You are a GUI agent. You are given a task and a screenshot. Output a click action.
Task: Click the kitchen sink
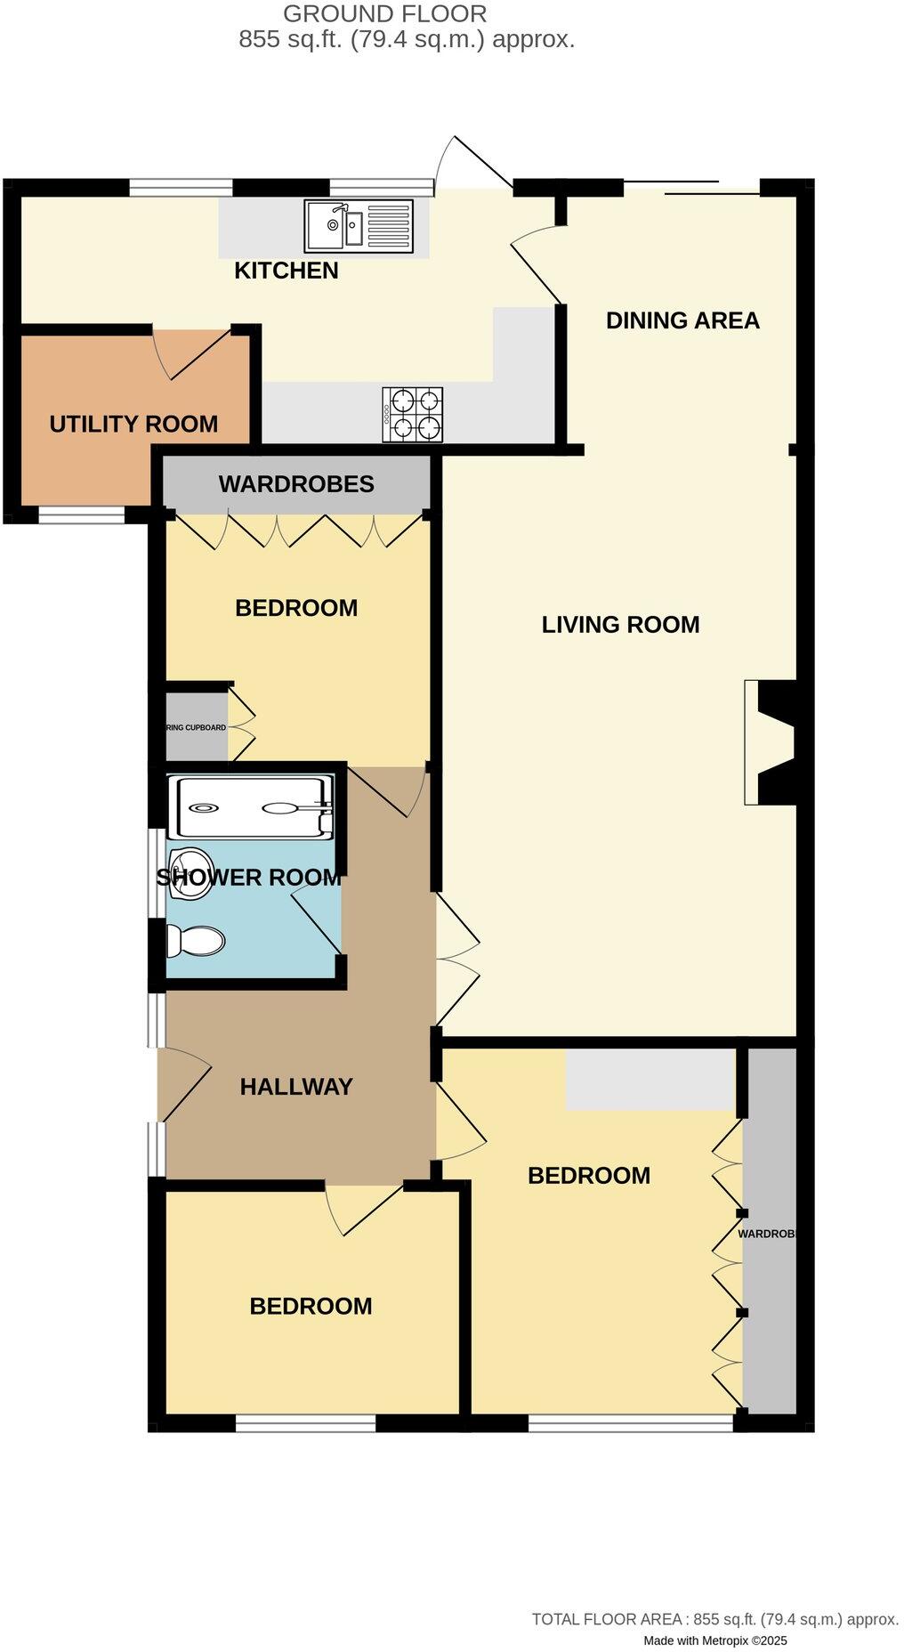(x=358, y=224)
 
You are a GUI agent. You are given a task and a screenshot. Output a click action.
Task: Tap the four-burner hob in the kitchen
(x=413, y=414)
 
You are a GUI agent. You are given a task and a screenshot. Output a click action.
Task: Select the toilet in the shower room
(x=196, y=940)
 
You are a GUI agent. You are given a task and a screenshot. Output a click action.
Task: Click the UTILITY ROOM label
(x=133, y=424)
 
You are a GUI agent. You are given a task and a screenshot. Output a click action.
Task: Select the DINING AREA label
(x=682, y=320)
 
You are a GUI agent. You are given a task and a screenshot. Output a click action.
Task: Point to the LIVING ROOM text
(x=620, y=625)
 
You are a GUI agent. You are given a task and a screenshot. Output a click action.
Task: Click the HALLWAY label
(x=296, y=1086)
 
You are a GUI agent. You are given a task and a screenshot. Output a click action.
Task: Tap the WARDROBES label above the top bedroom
(x=296, y=484)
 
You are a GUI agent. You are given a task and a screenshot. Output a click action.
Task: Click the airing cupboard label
(x=196, y=727)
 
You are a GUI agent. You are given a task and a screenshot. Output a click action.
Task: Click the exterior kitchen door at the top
(x=474, y=164)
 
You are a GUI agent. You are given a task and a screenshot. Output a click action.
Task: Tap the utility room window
(x=81, y=514)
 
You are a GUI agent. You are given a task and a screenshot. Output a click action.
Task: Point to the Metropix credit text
(x=715, y=1640)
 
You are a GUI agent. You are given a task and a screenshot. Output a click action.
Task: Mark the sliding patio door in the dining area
(x=691, y=188)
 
